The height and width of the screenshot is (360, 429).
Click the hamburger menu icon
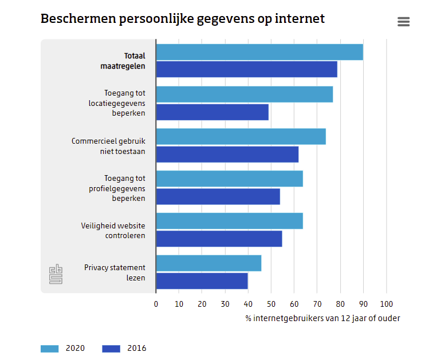(x=403, y=22)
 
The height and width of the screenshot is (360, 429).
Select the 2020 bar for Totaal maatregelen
(x=259, y=52)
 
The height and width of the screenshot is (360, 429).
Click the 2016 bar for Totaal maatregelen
(x=246, y=69)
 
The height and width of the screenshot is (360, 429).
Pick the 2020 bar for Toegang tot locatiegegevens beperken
(x=244, y=94)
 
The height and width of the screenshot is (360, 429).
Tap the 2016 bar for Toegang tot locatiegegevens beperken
(x=212, y=112)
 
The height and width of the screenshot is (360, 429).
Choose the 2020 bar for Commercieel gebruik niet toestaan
(x=241, y=137)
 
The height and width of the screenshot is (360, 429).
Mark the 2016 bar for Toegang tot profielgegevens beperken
(x=218, y=196)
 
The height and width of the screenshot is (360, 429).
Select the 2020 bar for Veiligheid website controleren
(x=229, y=221)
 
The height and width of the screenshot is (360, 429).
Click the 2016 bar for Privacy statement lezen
(x=202, y=281)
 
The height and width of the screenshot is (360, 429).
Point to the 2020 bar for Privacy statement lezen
(x=208, y=263)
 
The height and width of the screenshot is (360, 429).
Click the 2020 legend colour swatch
(x=50, y=349)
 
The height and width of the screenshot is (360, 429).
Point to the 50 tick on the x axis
(x=271, y=304)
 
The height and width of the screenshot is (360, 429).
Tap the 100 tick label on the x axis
(x=387, y=304)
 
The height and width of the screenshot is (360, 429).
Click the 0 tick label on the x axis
(x=156, y=304)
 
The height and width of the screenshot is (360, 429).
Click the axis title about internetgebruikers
(x=322, y=318)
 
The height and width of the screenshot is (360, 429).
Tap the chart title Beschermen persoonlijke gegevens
(x=182, y=19)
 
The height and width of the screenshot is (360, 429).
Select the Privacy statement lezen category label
(x=115, y=272)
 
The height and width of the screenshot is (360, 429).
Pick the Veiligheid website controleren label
(x=113, y=230)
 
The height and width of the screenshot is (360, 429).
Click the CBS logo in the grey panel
(x=56, y=274)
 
